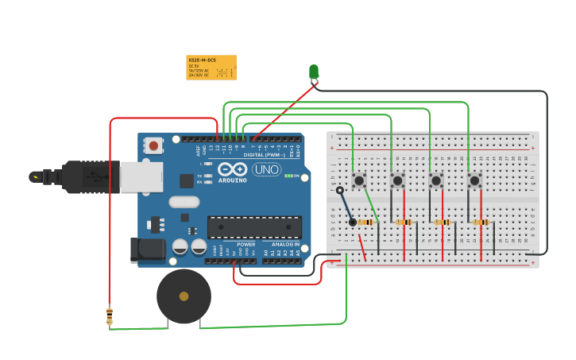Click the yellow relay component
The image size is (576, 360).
click(x=211, y=68)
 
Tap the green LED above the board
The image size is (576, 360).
click(x=314, y=72)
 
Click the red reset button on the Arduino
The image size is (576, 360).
click(x=153, y=145)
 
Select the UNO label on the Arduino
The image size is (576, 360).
click(x=266, y=169)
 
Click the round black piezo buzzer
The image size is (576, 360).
click(x=184, y=296)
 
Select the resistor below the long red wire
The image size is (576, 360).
click(x=110, y=316)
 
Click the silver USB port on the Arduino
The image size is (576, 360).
click(x=141, y=177)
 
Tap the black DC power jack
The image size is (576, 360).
click(x=147, y=250)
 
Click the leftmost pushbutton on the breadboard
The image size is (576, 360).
click(x=359, y=181)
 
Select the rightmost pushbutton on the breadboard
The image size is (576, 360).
click(x=474, y=181)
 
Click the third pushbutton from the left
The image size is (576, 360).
click(x=436, y=181)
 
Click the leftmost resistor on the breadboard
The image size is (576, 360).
click(x=366, y=223)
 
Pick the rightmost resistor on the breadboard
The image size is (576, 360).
click(x=481, y=223)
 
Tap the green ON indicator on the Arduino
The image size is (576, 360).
click(x=292, y=176)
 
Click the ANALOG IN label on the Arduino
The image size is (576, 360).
click(x=285, y=244)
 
